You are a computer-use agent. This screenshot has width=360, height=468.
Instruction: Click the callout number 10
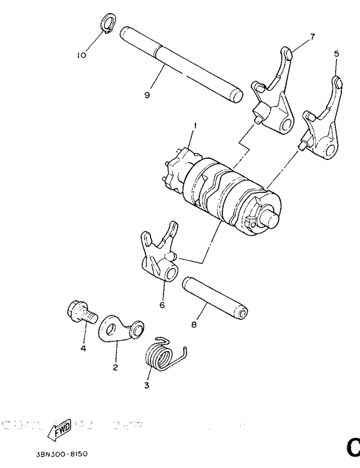point(82,55)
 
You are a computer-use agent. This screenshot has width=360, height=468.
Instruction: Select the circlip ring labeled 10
point(108,26)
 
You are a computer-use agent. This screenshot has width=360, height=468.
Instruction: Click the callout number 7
point(312,37)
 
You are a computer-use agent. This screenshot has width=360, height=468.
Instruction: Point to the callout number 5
point(336,55)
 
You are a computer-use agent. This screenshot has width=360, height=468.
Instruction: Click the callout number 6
point(162,305)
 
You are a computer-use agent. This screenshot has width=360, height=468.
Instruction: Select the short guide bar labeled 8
point(215,296)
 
